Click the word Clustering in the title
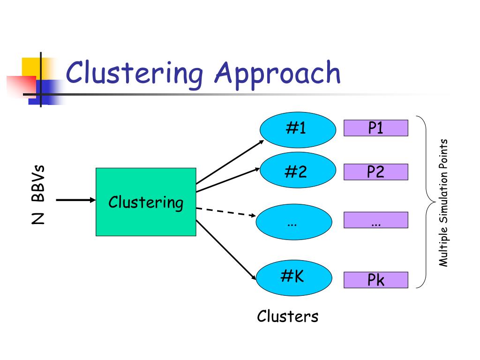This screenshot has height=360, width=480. point(134,74)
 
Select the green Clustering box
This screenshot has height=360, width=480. point(146,202)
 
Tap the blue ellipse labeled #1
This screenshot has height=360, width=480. point(298,130)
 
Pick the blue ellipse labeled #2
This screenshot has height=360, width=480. point(298,170)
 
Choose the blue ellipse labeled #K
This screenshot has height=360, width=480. point(294,278)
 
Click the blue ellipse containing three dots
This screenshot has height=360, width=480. point(294,222)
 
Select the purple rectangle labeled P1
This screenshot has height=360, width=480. point(376,128)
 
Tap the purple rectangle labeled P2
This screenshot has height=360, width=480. point(376,172)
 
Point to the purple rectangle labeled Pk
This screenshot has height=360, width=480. point(376,280)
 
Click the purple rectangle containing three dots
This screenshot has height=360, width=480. point(376,220)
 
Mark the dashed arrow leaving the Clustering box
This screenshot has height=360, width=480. point(226,212)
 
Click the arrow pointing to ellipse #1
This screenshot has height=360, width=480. point(230,162)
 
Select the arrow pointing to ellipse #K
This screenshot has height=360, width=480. point(226,250)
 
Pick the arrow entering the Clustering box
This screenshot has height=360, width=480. point(76,200)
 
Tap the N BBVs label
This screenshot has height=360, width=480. point(38,195)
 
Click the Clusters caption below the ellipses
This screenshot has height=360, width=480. point(288,316)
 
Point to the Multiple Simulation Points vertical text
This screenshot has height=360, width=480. point(443,202)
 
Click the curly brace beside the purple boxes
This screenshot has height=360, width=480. point(427,202)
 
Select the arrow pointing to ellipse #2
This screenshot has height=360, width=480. point(228,180)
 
